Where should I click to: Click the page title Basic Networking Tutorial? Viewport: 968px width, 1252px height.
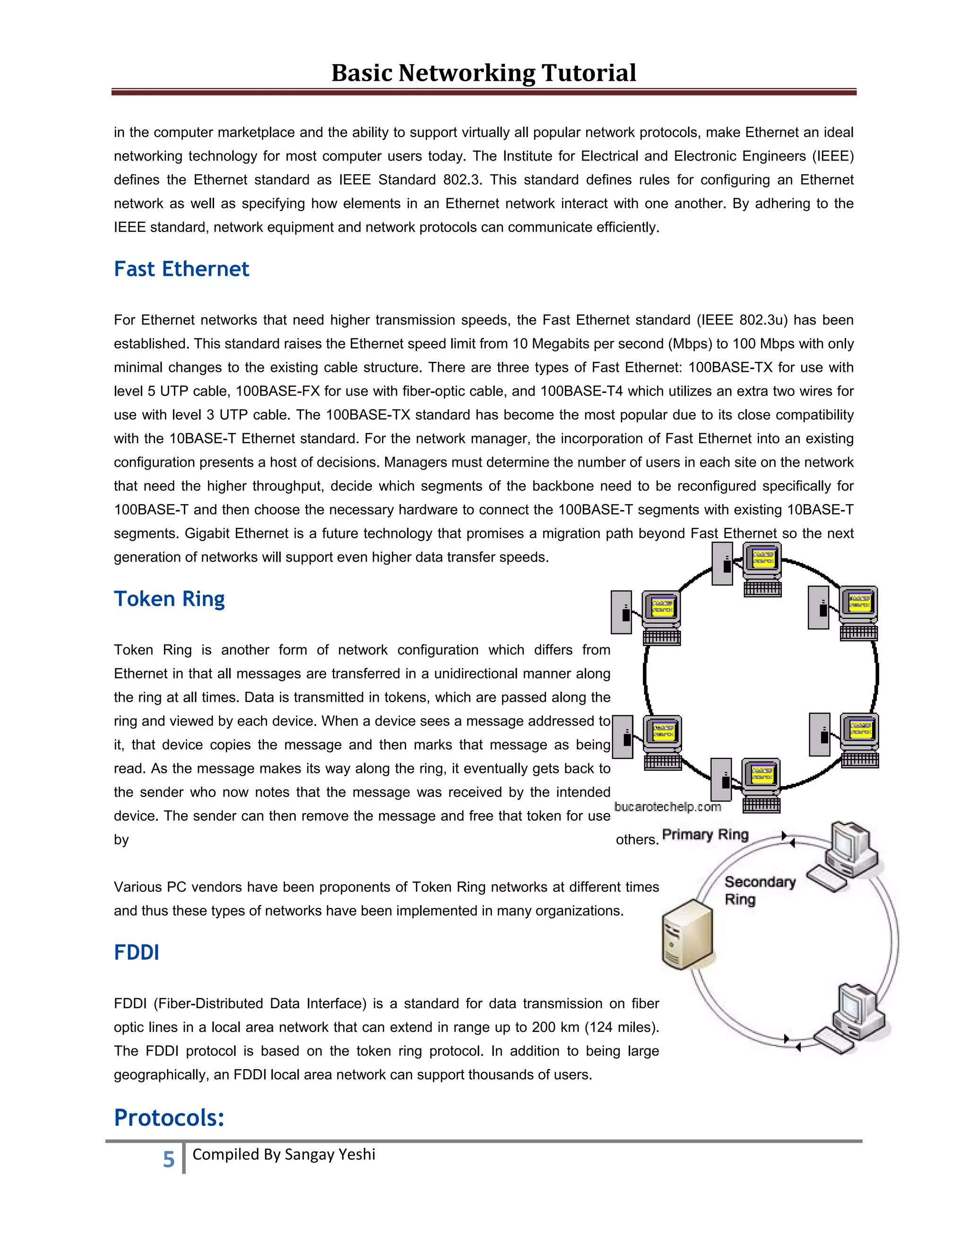pos(484,73)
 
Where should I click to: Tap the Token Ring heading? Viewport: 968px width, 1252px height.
pos(169,599)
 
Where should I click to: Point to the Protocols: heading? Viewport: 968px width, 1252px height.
pos(169,1117)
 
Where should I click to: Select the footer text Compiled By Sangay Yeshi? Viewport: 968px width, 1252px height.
pos(284,1154)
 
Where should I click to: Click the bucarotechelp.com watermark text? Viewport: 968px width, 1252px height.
pos(667,806)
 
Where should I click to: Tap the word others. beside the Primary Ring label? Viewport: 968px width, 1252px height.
pos(637,840)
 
